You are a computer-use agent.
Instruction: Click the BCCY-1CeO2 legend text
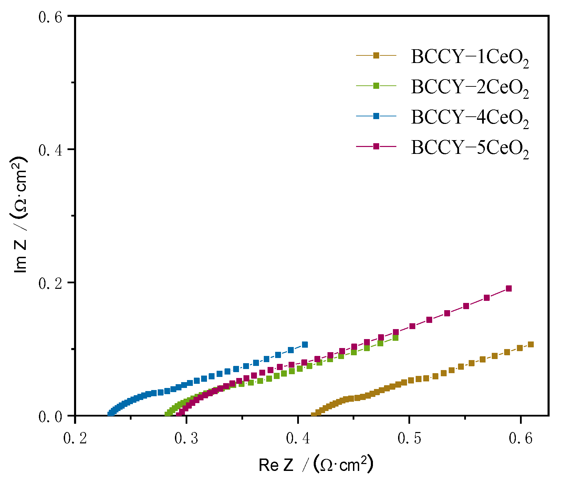[469, 57]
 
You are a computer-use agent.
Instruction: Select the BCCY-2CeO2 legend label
[469, 87]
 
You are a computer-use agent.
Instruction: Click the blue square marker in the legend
[376, 116]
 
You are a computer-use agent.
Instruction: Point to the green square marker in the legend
[376, 86]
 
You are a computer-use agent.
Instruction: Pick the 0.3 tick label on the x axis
[186, 439]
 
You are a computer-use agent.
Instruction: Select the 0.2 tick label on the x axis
[75, 439]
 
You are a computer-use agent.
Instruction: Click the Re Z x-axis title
[315, 465]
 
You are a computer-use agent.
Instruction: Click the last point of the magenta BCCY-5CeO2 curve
[509, 288]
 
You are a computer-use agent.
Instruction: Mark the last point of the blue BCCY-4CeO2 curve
[304, 345]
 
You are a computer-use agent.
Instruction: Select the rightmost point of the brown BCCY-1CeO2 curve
[531, 345]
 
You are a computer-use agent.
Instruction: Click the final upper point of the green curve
[395, 338]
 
